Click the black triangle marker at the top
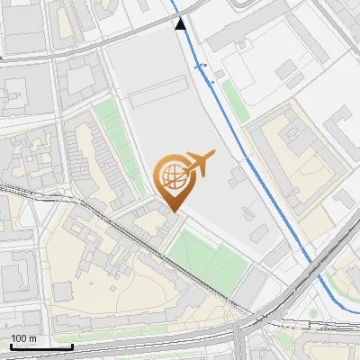(182, 24)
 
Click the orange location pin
(172, 184)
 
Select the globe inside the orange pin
(171, 175)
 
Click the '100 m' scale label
(24, 338)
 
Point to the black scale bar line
(40, 346)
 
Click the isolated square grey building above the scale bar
(62, 292)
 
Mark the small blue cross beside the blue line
(201, 67)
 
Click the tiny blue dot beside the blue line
(212, 82)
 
